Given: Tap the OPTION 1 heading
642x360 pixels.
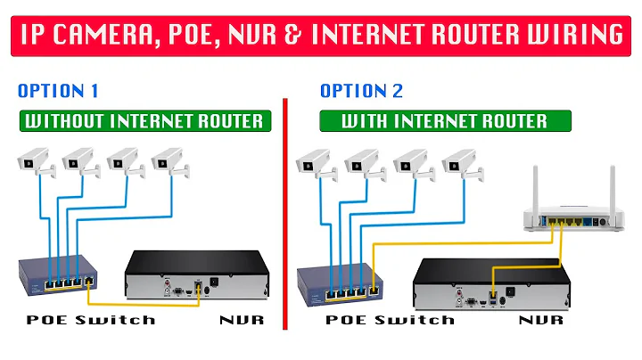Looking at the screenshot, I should pyautogui.click(x=57, y=91).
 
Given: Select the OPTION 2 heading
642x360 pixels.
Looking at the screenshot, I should pyautogui.click(x=360, y=91).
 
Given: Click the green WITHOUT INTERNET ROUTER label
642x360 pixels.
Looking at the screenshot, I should pyautogui.click(x=144, y=120).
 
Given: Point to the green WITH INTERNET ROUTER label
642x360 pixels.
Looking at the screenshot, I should pyautogui.click(x=446, y=120).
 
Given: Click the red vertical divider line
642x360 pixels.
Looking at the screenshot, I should pyautogui.click(x=284, y=214).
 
